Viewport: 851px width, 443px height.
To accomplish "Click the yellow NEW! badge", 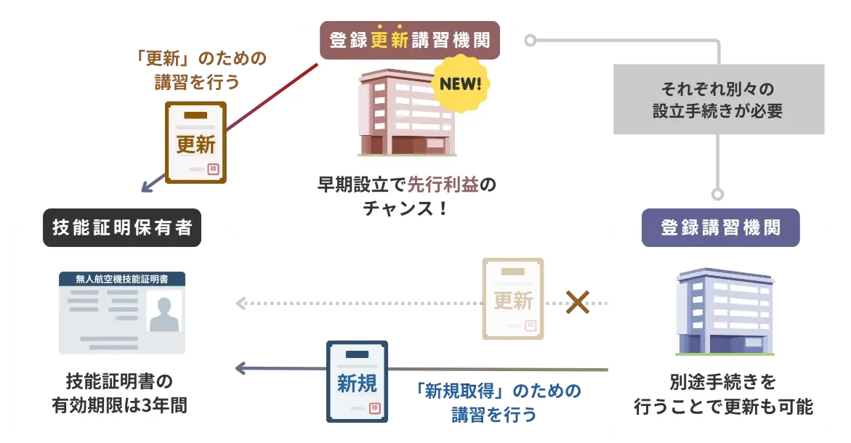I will [x=460, y=84].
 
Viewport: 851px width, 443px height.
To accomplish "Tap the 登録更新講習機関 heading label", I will [x=411, y=41].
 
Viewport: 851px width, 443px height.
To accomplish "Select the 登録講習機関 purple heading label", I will [x=720, y=227].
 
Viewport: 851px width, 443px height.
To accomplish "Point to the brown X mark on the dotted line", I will [x=577, y=302].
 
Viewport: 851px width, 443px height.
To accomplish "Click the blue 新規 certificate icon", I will [x=357, y=381].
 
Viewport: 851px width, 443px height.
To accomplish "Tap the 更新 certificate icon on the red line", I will [x=195, y=142].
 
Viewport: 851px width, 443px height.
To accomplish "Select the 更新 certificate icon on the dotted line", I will [x=513, y=298].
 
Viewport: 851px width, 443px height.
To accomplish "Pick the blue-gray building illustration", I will [x=725, y=312].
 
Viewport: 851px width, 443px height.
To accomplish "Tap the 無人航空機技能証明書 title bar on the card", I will [x=122, y=279].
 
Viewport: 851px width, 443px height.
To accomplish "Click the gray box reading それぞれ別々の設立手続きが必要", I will [x=719, y=99].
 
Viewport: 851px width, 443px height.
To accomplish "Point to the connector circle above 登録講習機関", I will [x=718, y=195].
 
